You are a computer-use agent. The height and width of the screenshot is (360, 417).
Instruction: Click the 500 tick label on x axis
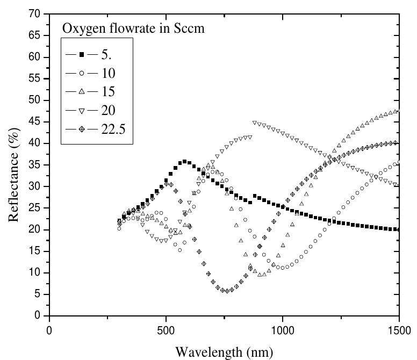tap(166, 329)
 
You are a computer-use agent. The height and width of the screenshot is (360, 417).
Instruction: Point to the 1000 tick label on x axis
tap(282, 329)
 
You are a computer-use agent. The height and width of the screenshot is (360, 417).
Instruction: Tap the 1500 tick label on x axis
tap(398, 329)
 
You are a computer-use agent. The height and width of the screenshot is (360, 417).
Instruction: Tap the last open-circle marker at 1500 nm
tap(399, 162)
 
